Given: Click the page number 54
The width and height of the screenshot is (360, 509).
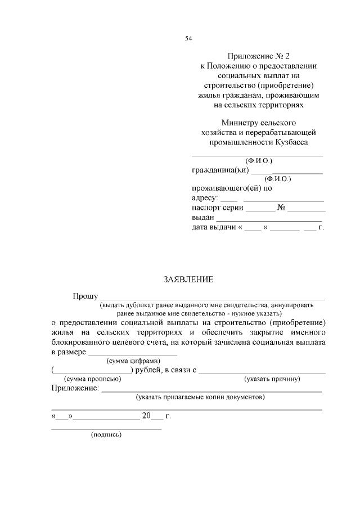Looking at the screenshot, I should click(x=188, y=38).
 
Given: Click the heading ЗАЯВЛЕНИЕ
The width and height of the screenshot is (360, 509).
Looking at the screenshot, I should click(x=188, y=280).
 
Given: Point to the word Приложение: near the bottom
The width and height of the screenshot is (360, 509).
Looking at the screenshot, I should click(x=75, y=388).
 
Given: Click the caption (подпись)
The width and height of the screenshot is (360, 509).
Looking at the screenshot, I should click(x=106, y=435).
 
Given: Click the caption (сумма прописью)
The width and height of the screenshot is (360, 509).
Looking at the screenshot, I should click(x=93, y=379).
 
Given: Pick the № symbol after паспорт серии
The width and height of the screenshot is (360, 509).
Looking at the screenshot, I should click(x=281, y=208).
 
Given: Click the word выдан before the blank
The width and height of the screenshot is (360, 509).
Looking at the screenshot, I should click(x=202, y=218).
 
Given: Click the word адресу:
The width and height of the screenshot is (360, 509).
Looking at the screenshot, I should click(x=205, y=198).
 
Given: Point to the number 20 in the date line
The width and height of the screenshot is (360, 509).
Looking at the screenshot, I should click(x=147, y=417).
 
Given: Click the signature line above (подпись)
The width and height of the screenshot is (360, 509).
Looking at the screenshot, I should click(x=106, y=429).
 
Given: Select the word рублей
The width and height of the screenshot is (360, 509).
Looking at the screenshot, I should click(x=147, y=370).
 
